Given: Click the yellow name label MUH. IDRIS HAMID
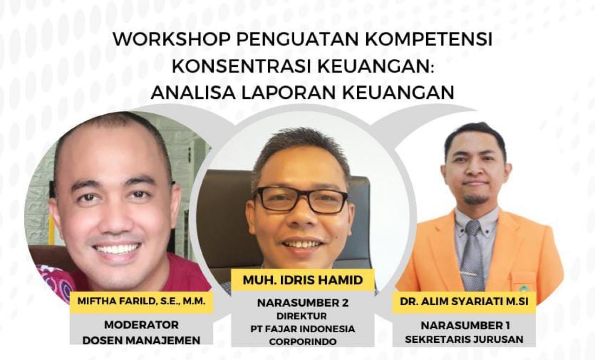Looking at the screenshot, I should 303,280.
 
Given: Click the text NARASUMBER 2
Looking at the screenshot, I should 303,303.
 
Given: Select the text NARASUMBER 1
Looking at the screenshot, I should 464,326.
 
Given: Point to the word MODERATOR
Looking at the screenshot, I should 141,325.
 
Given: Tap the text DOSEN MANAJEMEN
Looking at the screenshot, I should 141,340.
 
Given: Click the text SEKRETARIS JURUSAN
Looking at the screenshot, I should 464,340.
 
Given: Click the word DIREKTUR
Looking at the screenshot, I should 303,316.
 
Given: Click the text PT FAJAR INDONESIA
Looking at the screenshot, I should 303,329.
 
